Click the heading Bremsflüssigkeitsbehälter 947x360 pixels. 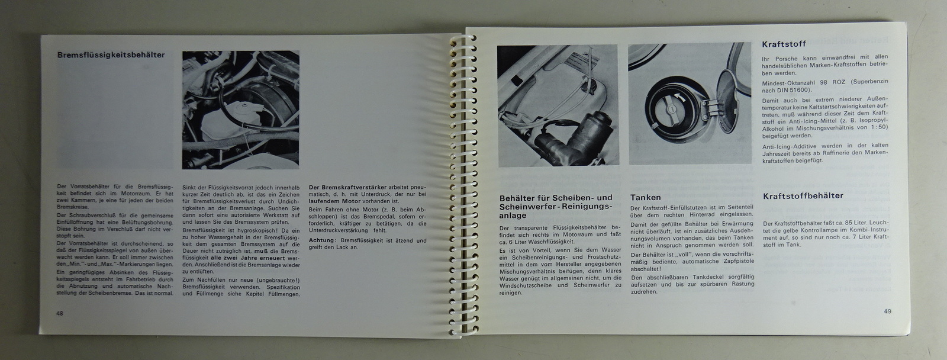click(111, 55)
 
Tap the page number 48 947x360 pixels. click(60, 313)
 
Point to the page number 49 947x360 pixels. click(887, 311)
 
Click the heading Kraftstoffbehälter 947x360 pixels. click(803, 196)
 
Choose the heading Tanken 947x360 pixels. click(645, 198)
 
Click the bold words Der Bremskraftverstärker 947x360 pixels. click(347, 188)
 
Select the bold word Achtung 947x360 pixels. click(322, 240)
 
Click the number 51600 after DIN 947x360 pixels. click(802, 90)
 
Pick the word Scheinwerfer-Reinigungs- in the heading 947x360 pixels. click(556, 207)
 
